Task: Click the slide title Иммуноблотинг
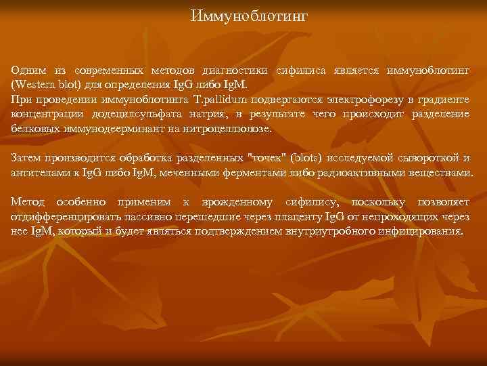(x=249, y=15)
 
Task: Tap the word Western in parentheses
(x=33, y=86)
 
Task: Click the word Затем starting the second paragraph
(x=28, y=159)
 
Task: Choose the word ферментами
(x=259, y=172)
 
